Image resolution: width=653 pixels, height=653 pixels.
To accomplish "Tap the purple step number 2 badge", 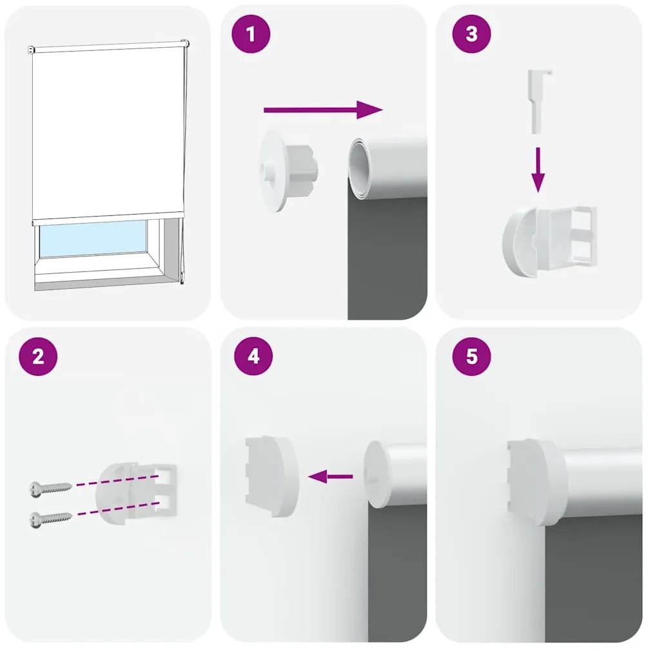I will coord(38,356).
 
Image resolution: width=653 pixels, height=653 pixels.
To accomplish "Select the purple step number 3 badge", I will coord(471,34).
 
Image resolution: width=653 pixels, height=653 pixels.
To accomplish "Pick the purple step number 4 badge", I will coord(253,356).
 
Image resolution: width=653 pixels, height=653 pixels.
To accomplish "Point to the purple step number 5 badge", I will coord(471,356).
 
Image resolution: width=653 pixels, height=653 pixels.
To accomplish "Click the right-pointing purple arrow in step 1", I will coord(322,110).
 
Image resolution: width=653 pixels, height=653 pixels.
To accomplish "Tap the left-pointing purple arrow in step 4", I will coord(331,477).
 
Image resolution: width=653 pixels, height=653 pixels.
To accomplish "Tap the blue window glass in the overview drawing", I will coord(93,237).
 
